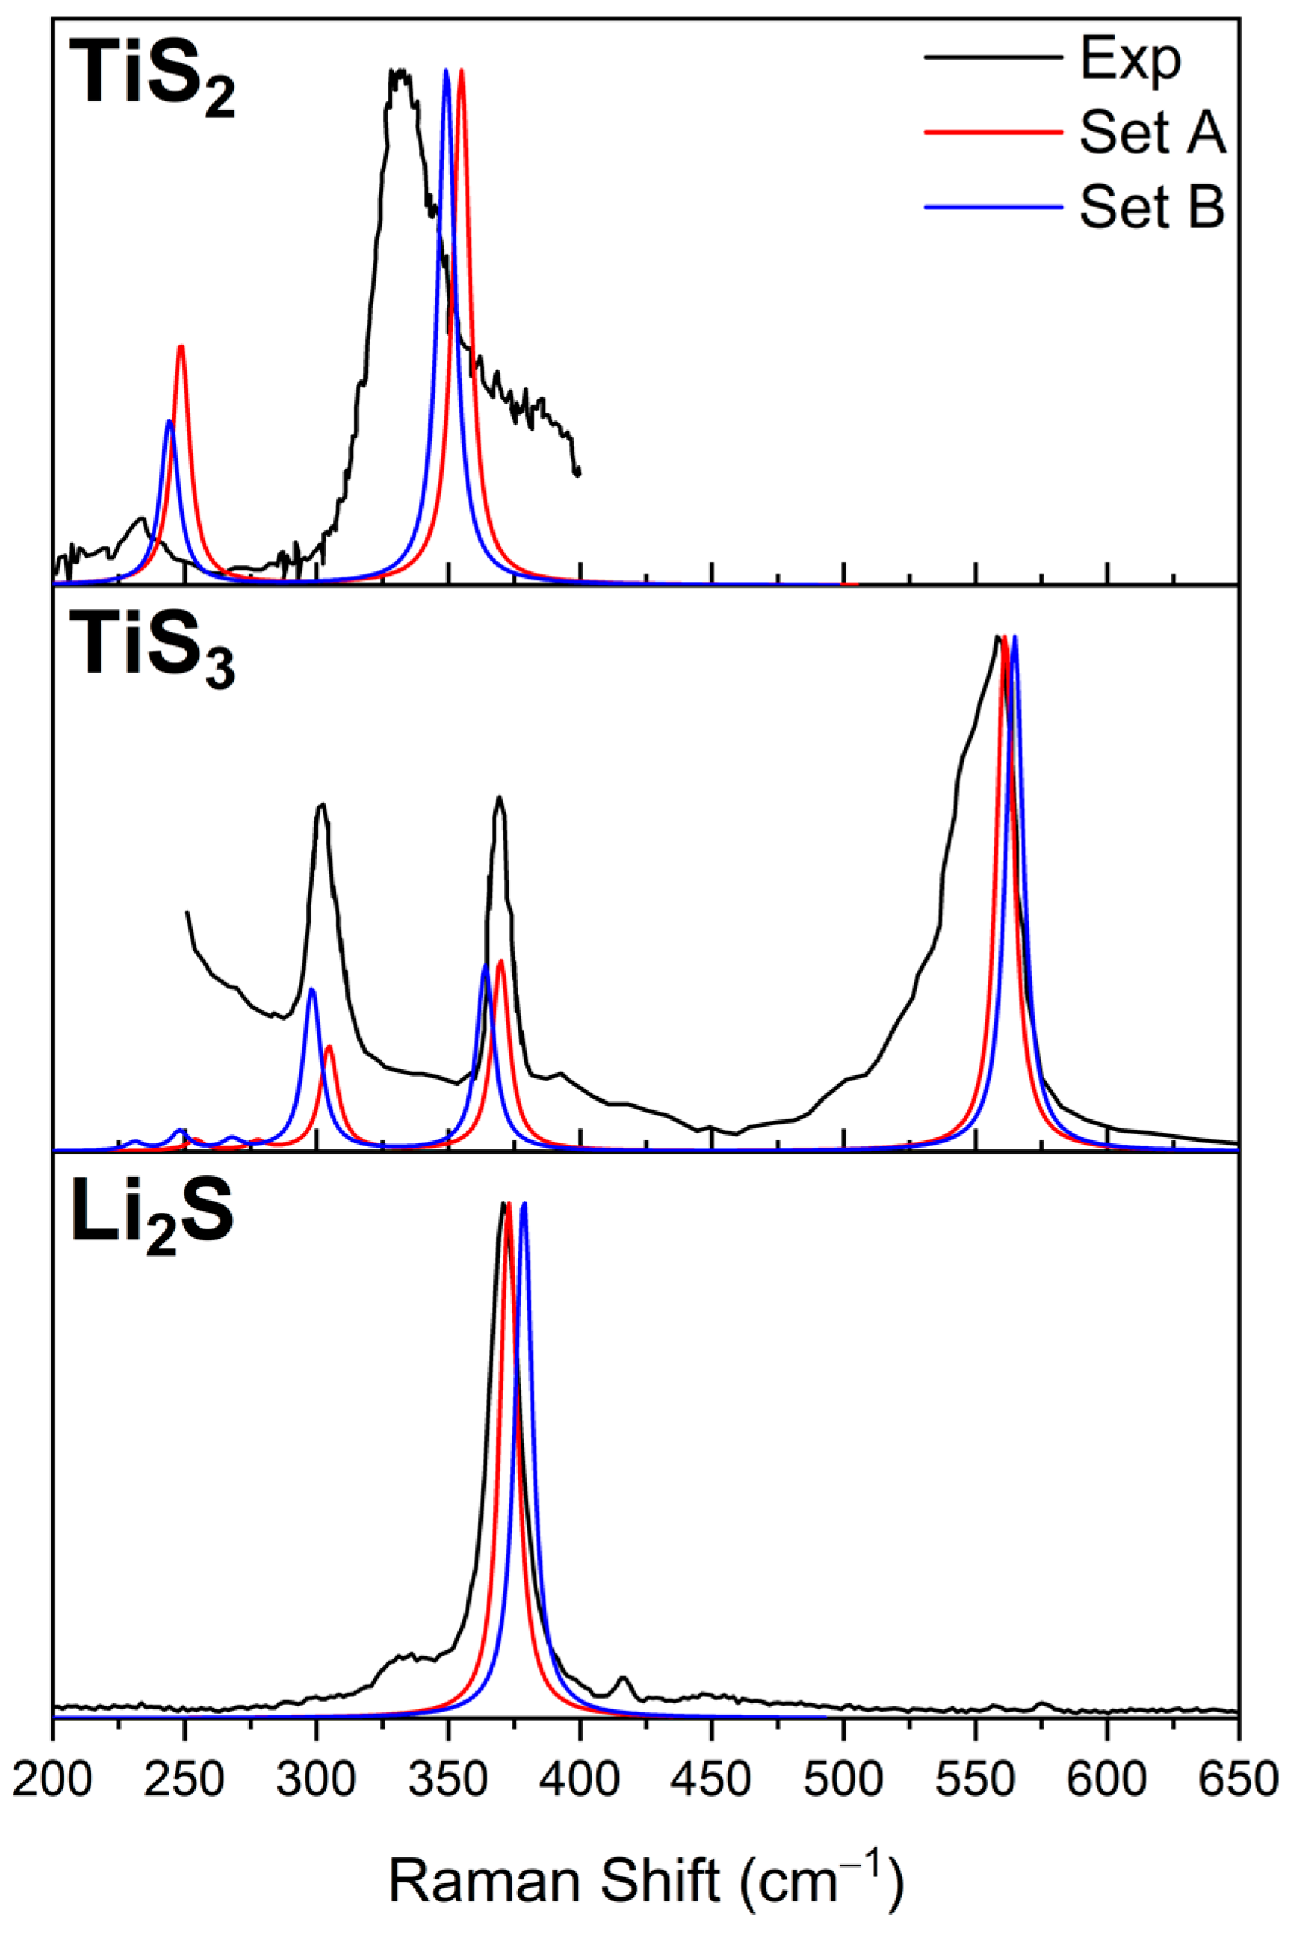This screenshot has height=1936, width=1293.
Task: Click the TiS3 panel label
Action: click(x=152, y=651)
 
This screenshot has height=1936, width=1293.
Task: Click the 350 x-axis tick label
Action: click(x=448, y=1780)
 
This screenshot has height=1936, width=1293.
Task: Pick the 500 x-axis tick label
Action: click(x=843, y=1780)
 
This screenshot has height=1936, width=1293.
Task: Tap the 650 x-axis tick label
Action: click(x=1237, y=1780)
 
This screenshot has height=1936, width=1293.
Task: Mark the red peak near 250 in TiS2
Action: click(x=181, y=348)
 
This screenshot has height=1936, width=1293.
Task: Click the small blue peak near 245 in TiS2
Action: click(x=169, y=422)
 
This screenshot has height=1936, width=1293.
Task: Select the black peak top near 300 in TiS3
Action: click(x=323, y=805)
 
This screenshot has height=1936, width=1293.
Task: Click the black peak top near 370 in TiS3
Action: click(x=499, y=798)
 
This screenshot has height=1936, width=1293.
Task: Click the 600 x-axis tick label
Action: click(x=1106, y=1780)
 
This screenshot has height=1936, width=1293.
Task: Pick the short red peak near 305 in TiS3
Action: click(x=329, y=1048)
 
